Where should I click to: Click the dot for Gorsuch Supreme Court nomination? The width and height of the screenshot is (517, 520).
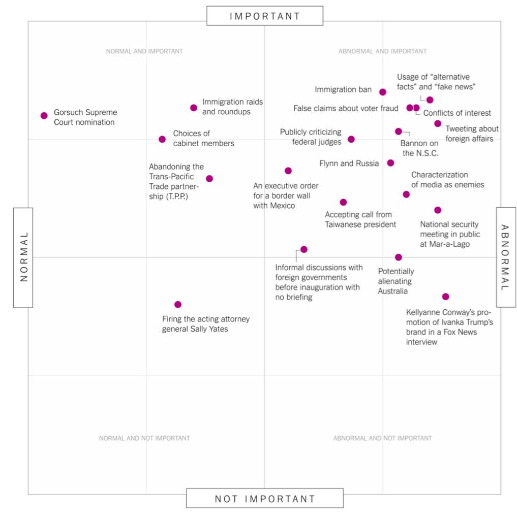tap(44, 116)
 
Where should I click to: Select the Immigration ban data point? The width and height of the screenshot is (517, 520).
tap(383, 92)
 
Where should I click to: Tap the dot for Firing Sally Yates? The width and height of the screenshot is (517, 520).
tap(178, 305)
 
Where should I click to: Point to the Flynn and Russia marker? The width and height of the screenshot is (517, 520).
tap(390, 163)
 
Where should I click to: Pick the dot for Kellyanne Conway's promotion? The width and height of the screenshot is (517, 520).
tap(446, 297)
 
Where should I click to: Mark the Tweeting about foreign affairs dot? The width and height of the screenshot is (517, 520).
tap(438, 123)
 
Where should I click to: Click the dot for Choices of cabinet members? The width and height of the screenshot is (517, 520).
tap(162, 139)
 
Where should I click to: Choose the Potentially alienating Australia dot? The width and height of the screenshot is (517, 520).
tap(399, 257)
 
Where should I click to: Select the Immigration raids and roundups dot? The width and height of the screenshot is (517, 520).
tap(194, 108)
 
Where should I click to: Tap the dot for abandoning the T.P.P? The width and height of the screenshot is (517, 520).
tap(209, 179)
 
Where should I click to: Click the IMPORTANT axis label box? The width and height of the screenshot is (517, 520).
tap(265, 16)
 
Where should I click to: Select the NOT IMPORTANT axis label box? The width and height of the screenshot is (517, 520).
tap(265, 498)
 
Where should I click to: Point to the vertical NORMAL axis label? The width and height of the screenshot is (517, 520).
tap(23, 257)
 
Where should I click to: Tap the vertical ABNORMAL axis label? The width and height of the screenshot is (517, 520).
tap(506, 257)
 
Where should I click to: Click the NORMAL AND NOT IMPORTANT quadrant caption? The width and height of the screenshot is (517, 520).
tap(144, 438)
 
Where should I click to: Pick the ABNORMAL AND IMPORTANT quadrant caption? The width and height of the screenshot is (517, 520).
tap(383, 51)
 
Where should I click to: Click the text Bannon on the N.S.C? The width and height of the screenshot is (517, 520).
tap(419, 148)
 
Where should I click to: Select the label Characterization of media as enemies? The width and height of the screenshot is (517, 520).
tap(447, 180)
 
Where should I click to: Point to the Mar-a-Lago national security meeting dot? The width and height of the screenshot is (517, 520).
tap(438, 210)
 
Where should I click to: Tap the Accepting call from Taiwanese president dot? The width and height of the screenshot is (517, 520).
tap(344, 202)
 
